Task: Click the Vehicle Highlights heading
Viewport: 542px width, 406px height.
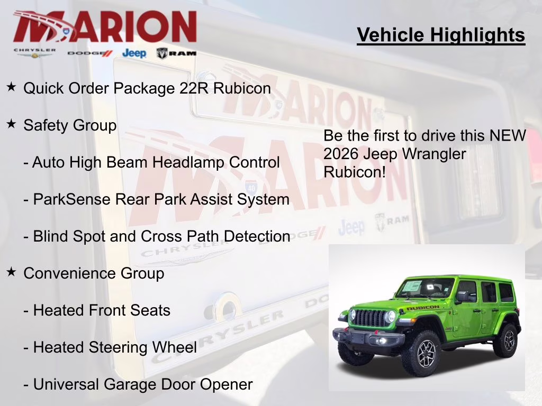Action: tap(441, 35)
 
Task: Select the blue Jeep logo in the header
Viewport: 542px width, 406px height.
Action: tap(134, 53)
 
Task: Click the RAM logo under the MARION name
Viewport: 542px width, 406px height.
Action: tap(176, 53)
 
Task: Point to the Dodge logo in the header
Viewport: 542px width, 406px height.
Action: tap(90, 53)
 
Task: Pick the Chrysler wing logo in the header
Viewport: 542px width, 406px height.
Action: tap(34, 53)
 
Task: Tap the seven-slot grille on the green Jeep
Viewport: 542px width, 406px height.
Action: tap(370, 318)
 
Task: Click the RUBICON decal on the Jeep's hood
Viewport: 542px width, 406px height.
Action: tap(422, 308)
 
